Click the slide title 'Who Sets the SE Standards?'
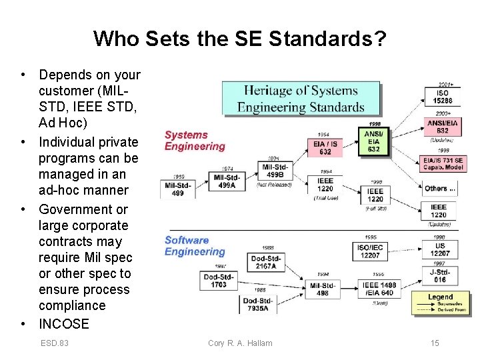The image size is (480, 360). pyautogui.click(x=239, y=39)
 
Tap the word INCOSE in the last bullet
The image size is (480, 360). pyautogui.click(x=64, y=324)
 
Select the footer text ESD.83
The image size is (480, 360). pyautogui.click(x=55, y=343)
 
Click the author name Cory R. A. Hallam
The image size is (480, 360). pyautogui.click(x=240, y=343)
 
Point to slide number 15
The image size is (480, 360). pyautogui.click(x=435, y=343)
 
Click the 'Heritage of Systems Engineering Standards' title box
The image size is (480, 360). pyautogui.click(x=301, y=99)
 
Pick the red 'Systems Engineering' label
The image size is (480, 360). pyautogui.click(x=195, y=141)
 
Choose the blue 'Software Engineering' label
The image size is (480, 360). pyautogui.click(x=195, y=246)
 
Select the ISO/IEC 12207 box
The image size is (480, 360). pyautogui.click(x=370, y=251)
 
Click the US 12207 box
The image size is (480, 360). pyautogui.click(x=439, y=249)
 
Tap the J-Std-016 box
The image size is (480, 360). pyautogui.click(x=439, y=275)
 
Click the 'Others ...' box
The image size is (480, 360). pyautogui.click(x=440, y=189)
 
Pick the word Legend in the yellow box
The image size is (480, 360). pyautogui.click(x=440, y=297)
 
